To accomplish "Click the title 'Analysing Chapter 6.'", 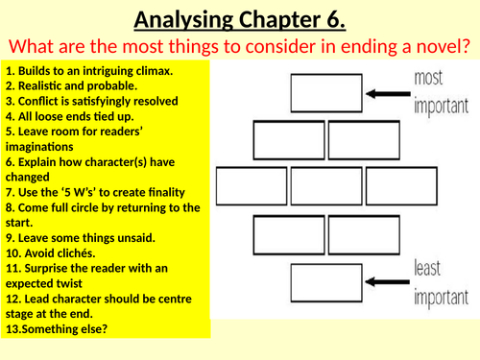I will point(239,18).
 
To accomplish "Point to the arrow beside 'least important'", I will point(381,280).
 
